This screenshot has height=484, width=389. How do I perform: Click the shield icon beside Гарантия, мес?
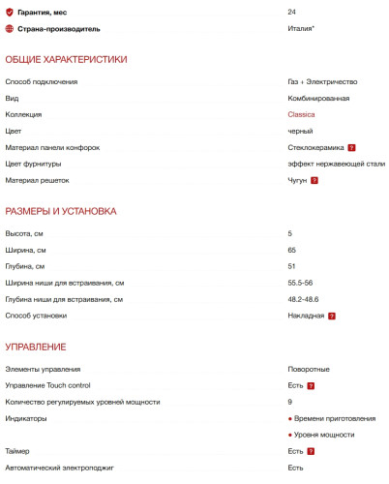coord(10,12)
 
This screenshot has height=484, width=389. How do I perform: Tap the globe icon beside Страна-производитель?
coord(10,29)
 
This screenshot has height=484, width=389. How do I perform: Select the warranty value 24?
coord(292,12)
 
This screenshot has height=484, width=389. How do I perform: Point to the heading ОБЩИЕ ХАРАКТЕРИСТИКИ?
coord(66,60)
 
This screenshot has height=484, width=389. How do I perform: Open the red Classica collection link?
coord(301,115)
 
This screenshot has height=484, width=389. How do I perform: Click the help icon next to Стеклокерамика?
coord(352,148)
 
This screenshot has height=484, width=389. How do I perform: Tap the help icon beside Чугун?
coord(314,181)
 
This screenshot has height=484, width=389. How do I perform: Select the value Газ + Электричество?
coord(322,82)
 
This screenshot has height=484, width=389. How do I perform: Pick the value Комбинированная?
coord(318,99)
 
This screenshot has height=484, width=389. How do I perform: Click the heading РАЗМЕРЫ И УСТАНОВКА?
coord(61,211)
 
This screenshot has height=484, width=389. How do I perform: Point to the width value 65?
coord(292,250)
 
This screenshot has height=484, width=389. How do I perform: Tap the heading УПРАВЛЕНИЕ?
coord(36,347)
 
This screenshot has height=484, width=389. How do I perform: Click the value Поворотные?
coord(309,369)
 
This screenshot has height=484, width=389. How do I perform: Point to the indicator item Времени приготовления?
coord(335,418)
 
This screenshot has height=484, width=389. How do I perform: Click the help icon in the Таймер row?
coord(312,452)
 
